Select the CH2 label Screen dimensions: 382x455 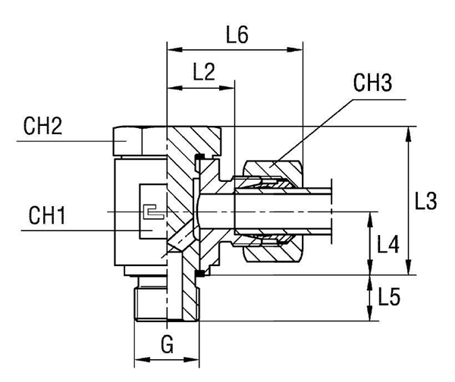point(41,127)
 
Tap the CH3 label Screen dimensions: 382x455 point(372,83)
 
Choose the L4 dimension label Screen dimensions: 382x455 point(388,244)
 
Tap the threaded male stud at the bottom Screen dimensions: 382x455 point(167,302)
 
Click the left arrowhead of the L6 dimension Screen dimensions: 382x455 point(171,52)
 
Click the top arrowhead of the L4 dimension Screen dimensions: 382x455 point(371,216)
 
